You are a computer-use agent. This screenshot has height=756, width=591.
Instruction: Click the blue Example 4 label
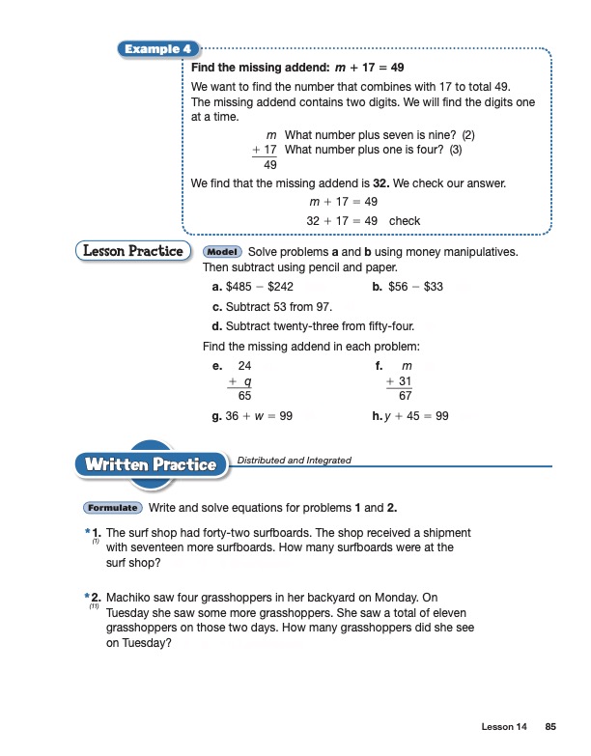(154, 49)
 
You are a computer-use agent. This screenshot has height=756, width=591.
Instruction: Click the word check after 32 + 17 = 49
(405, 221)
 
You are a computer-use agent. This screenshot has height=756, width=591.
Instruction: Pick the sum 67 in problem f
(407, 396)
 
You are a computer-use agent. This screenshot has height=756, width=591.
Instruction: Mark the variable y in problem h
(388, 416)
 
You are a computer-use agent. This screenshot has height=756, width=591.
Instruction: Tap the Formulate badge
(113, 508)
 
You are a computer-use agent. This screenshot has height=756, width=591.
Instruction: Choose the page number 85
(550, 726)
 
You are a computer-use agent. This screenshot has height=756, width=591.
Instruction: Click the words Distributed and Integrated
(295, 461)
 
